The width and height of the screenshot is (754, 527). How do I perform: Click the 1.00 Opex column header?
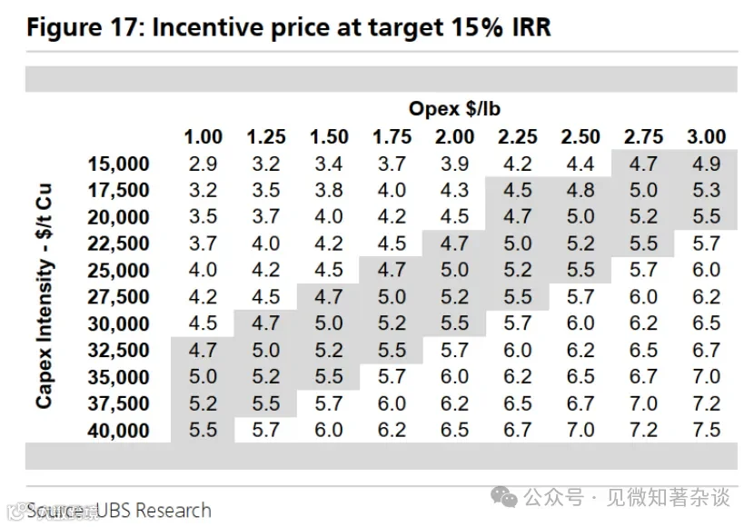pos(203,137)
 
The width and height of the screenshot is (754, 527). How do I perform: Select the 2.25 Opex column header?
pos(518,137)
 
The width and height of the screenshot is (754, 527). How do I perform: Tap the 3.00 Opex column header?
pos(706,137)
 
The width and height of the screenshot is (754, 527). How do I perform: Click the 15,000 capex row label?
pos(118,164)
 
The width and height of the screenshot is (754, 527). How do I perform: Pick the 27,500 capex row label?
pos(118,297)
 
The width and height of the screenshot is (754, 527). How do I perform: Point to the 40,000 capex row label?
pos(118,431)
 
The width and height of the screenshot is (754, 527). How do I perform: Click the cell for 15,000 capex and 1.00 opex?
pos(203,164)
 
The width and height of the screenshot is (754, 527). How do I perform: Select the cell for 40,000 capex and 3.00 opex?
pos(706,430)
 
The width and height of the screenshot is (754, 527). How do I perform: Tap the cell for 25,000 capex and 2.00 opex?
pos(454,270)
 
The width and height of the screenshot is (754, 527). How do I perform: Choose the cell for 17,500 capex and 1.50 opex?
pos(329,191)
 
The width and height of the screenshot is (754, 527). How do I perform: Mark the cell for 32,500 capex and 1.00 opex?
pos(203,350)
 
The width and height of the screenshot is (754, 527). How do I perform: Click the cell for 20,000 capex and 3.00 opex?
pos(706,217)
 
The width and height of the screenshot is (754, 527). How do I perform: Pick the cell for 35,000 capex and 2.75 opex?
pos(643,376)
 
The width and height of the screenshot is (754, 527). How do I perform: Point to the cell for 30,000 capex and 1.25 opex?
pos(266,323)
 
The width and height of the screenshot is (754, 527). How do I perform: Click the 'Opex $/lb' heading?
pos(454,109)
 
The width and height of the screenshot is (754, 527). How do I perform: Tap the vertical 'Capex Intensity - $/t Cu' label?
pos(44,296)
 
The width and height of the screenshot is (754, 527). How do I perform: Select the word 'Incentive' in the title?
pos(208,27)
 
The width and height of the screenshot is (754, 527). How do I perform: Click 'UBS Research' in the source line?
pos(154,510)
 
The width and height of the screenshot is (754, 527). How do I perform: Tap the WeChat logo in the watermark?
pos(503,497)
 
